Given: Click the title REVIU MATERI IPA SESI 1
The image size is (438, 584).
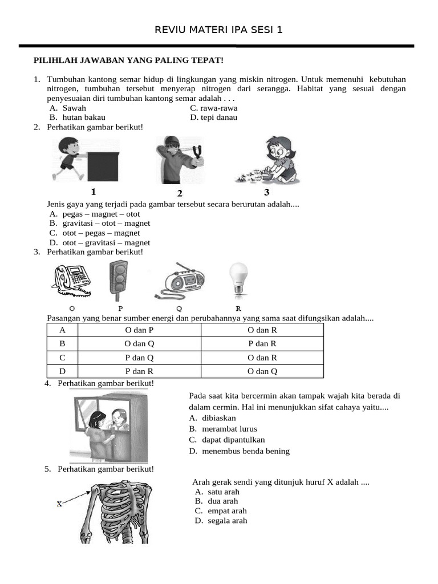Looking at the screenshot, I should point(218,30).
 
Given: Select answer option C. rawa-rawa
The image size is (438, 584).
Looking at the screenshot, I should point(214,108).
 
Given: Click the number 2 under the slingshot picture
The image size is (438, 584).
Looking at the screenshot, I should point(180,193).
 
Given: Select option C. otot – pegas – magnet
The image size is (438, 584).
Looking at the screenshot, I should point(94,233).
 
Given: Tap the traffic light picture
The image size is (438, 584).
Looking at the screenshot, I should point(119,279).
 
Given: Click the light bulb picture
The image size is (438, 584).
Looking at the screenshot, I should point(238,279).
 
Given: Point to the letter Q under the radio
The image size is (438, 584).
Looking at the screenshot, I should point(179,309).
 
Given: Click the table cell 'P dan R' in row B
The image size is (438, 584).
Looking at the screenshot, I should point(262,344).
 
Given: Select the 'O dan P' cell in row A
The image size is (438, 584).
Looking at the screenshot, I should point(139,330).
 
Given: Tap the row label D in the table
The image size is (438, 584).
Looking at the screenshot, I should point(62,371).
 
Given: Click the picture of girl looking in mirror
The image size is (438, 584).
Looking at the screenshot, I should point(109,429).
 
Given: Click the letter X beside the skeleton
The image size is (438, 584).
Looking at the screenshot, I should point(60,504).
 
